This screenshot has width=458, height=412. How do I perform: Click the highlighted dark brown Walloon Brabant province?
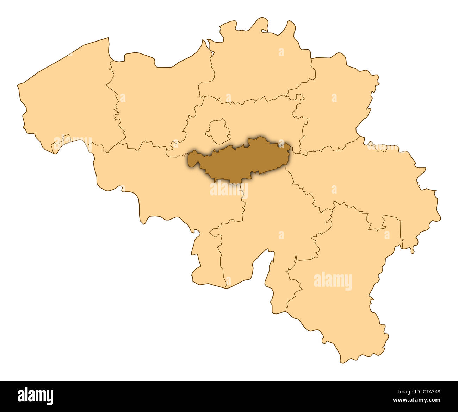coord(240,160)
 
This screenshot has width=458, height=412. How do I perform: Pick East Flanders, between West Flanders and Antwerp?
coord(155,102)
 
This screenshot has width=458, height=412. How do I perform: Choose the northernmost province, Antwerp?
coord(261,63)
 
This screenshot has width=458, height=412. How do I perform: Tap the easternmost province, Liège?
coord(370,183)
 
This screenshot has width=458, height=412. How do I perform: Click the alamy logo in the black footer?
coord(35,396)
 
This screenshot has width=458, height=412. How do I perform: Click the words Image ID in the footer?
coord(406,391)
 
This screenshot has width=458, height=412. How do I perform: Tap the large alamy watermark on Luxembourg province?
coord(333,281)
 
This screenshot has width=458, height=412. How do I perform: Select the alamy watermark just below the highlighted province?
coord(229,190)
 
